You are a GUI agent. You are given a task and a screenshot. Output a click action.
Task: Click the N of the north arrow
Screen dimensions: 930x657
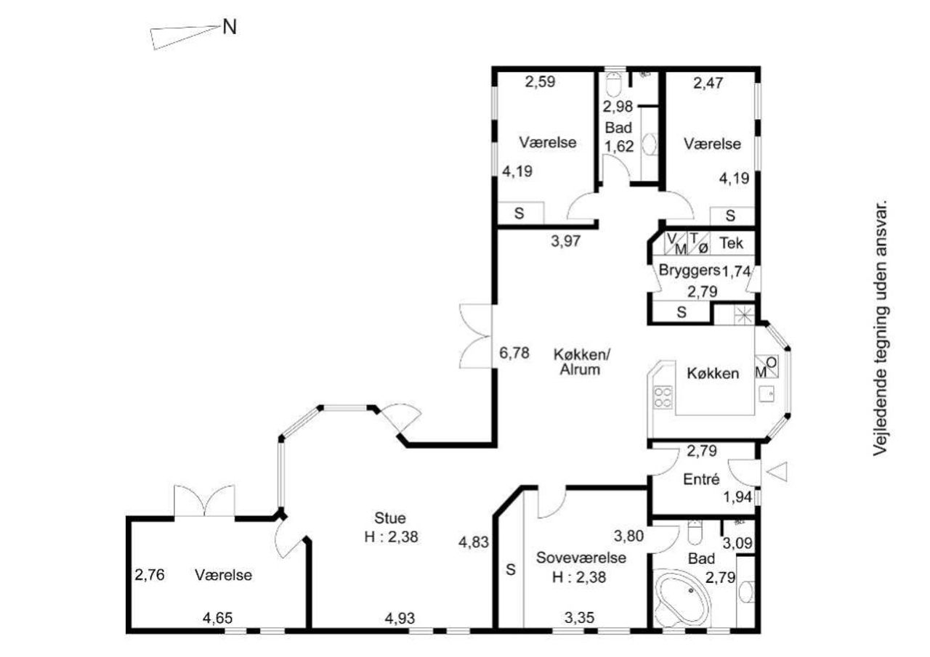pos(230,28)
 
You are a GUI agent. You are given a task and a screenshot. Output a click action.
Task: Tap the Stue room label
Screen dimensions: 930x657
pos(390,518)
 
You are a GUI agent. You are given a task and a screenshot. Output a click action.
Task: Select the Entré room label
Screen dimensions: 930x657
pos(701,479)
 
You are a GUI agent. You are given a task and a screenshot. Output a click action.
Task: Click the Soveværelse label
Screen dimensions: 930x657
pos(581,558)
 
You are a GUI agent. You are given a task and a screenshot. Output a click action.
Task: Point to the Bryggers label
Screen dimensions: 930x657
pos(690,271)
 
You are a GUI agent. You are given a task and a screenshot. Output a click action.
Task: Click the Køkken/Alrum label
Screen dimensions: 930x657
pos(581,362)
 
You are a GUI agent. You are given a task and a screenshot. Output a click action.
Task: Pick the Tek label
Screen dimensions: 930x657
pos(731,243)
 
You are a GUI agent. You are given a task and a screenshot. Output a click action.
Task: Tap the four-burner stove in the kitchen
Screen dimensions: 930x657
pos(663,397)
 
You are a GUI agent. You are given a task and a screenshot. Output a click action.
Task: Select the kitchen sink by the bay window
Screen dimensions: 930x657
pos(767,393)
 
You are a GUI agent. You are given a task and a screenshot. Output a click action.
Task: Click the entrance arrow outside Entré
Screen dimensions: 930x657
pos(777,472)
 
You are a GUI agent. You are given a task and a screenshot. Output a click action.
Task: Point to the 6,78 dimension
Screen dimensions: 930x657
pos(514,353)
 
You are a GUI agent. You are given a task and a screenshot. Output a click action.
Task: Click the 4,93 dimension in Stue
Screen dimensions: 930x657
pos(400,618)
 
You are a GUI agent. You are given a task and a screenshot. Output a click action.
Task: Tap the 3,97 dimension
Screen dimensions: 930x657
pos(565,241)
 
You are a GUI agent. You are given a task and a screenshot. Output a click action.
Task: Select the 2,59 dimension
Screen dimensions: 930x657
pos(540,82)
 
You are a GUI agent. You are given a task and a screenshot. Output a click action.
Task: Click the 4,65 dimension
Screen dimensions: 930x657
pos(217,618)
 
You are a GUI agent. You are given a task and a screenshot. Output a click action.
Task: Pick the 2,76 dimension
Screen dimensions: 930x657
pos(150,575)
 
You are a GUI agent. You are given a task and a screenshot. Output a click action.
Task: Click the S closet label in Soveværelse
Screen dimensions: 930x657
pos(511,569)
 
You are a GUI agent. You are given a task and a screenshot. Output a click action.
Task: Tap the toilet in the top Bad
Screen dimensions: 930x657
pos(614,85)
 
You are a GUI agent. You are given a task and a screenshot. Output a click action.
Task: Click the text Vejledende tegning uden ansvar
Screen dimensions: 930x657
pos(880,328)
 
